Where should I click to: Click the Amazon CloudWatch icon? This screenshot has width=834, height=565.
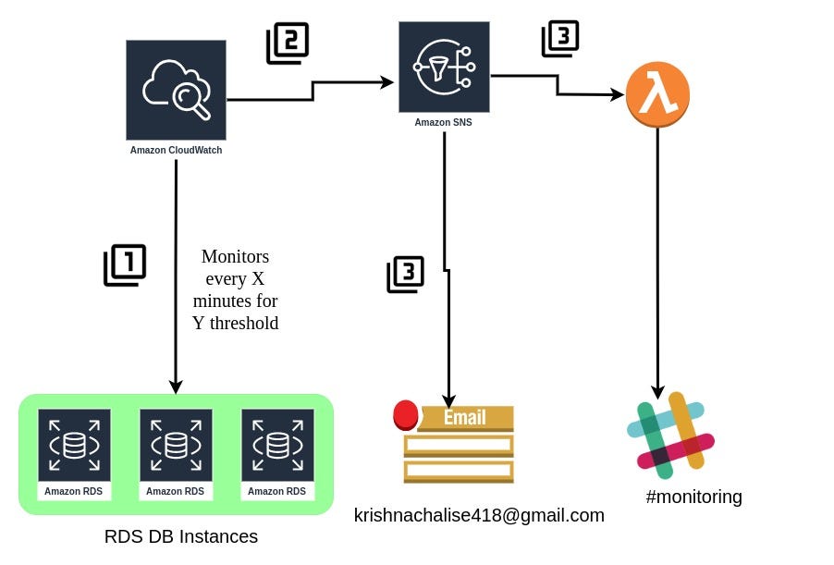click(x=176, y=90)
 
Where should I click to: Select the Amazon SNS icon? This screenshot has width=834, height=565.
click(x=444, y=67)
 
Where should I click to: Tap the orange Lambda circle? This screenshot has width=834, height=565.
click(x=657, y=95)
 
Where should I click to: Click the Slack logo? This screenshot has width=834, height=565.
click(x=670, y=435)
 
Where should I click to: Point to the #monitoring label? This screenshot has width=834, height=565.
click(x=693, y=497)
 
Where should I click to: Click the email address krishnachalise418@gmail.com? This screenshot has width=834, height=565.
click(x=479, y=516)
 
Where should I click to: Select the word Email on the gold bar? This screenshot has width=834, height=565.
click(x=465, y=417)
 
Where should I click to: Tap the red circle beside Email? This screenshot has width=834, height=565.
click(x=405, y=415)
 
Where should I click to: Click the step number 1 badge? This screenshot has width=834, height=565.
click(x=125, y=264)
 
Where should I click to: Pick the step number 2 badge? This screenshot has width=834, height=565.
click(x=287, y=43)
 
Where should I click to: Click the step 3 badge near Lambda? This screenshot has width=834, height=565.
click(x=560, y=39)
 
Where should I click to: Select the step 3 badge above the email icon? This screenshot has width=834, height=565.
click(x=405, y=275)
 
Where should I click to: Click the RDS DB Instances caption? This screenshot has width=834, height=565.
click(x=181, y=537)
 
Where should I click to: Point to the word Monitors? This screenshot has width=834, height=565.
click(x=235, y=256)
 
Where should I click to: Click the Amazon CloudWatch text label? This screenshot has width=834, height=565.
click(x=176, y=150)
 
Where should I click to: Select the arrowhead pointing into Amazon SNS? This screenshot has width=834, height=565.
click(x=388, y=82)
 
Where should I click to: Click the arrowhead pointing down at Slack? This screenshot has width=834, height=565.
click(x=658, y=392)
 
